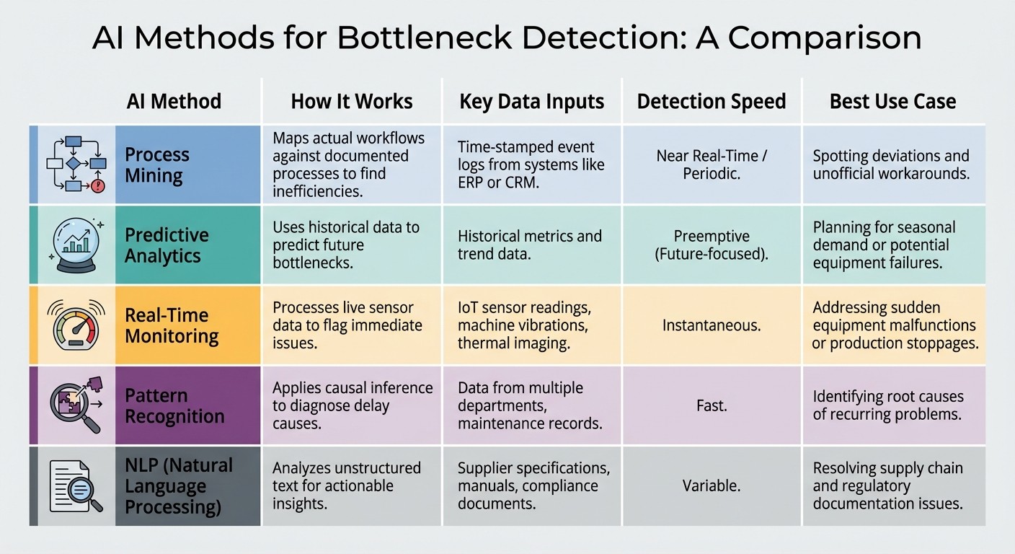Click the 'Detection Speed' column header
pos(711,101)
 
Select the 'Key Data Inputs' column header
pos(531,101)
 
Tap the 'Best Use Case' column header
pos(892,101)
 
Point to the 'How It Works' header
pos(352,101)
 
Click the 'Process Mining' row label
pos(157,164)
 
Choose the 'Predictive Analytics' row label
pos(167,245)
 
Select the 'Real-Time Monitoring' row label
pos(172,325)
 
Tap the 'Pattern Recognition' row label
pos(174,405)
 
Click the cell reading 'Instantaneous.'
pos(711,325)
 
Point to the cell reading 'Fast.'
pos(711,405)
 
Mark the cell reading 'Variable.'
pos(711,486)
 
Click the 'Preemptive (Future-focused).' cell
pos(711,245)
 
